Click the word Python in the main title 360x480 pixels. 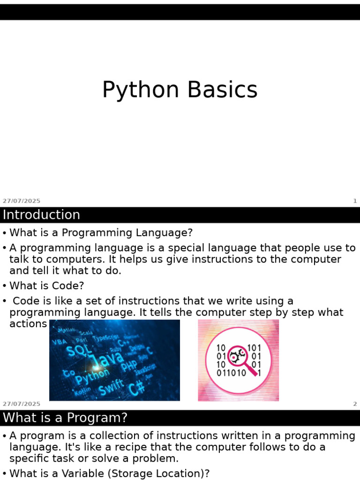[x=141, y=90]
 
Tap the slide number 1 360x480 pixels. [x=355, y=201]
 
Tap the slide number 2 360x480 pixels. [x=355, y=404]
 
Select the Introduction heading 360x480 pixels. [x=41, y=215]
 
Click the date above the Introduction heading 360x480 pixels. [x=22, y=201]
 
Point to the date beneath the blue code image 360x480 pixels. [x=22, y=404]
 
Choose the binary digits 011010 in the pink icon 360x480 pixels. [x=231, y=373]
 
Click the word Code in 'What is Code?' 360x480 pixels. [x=70, y=285]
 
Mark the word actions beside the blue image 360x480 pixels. [x=28, y=324]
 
